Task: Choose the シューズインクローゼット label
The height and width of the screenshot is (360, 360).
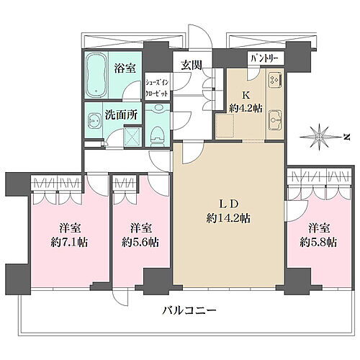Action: pos(156,88)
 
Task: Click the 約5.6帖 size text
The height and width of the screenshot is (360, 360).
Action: pos(139,242)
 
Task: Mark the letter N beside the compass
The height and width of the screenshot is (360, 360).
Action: pos(346,136)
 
